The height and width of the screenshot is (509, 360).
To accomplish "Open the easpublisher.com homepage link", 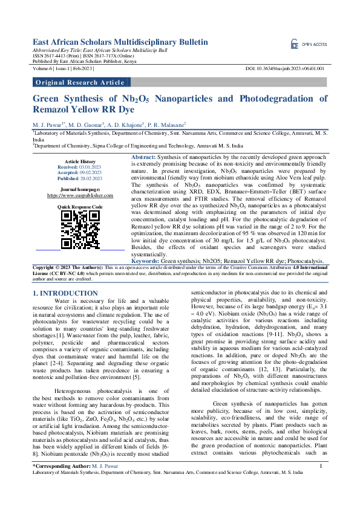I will pyautogui.click(x=80, y=196).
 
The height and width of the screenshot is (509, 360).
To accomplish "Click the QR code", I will pyautogui.click(x=79, y=229).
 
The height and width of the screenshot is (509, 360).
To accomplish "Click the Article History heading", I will pyautogui.click(x=80, y=161).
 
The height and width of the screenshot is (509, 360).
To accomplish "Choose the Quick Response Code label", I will pyautogui.click(x=80, y=207).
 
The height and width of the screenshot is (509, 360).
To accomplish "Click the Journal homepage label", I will pyautogui.click(x=80, y=190).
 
